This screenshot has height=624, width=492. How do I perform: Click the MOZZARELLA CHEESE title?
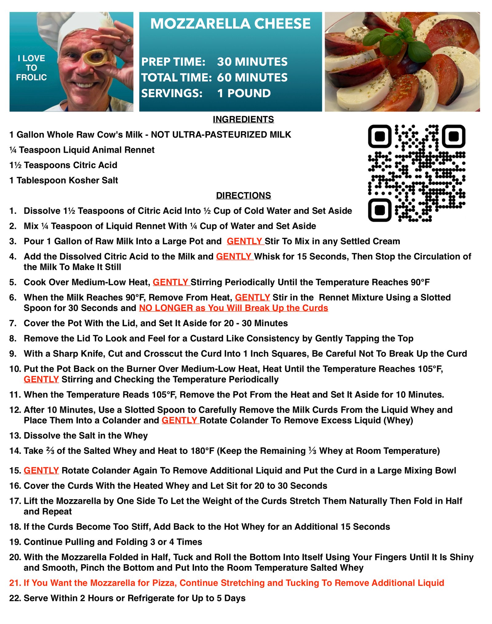pyautogui.click(x=230, y=24)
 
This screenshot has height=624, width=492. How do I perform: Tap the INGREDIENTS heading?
pyautogui.click(x=243, y=119)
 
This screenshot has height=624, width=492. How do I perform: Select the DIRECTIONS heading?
pyautogui.click(x=243, y=195)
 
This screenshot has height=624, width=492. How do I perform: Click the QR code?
pyautogui.click(x=417, y=173)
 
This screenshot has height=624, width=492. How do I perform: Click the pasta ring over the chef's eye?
pyautogui.click(x=96, y=57)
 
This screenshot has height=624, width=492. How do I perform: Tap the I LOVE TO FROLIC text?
pyautogui.click(x=31, y=68)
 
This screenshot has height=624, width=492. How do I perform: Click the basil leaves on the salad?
pyautogui.click(x=397, y=40)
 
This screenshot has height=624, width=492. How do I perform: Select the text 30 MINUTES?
pyautogui.click(x=252, y=62)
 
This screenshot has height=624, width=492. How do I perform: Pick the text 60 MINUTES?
pyautogui.click(x=252, y=77)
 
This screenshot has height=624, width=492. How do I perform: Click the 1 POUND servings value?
pyautogui.click(x=244, y=93)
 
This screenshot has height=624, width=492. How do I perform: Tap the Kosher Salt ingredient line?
pyautogui.click(x=64, y=180)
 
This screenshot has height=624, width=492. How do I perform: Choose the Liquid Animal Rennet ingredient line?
pyautogui.click(x=82, y=150)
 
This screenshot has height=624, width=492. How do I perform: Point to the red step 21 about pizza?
pyautogui.click(x=227, y=583)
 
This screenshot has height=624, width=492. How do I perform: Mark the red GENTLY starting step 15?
pyautogui.click(x=41, y=470)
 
